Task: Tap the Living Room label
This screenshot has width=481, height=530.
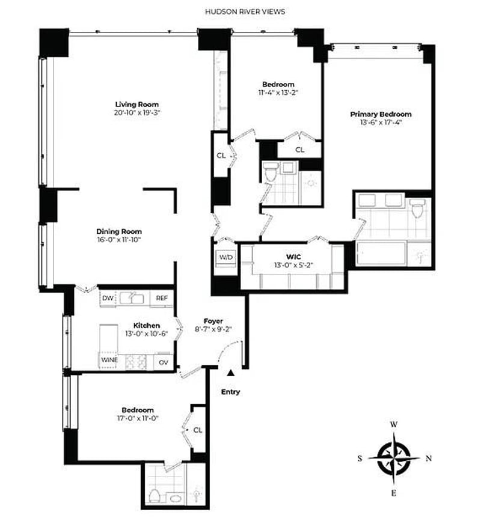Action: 137,104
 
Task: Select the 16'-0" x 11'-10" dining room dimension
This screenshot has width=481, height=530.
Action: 118,240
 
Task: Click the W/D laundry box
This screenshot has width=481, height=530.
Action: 225,257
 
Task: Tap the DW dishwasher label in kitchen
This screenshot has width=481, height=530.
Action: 108,298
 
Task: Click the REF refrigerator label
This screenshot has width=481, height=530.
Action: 162,298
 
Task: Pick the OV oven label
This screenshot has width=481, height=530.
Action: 163,361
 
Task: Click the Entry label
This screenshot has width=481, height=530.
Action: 230,392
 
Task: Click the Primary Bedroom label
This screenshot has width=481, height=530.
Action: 381,114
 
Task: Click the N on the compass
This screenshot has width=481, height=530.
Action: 429,458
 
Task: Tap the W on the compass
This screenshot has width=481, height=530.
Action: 394,424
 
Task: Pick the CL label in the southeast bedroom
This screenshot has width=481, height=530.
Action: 198,430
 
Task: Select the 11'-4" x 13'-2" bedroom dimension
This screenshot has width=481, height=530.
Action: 278,93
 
